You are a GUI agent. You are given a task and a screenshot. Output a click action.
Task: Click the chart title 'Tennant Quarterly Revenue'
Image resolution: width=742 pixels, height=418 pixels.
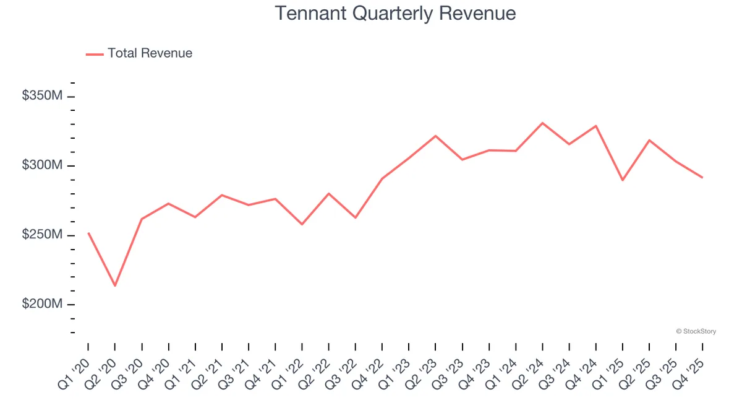(x=395, y=14)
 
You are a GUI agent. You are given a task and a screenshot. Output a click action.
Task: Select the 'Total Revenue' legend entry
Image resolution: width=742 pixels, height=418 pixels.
(x=150, y=53)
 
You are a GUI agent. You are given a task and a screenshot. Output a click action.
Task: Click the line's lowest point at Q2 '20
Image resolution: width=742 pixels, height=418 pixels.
(x=115, y=285)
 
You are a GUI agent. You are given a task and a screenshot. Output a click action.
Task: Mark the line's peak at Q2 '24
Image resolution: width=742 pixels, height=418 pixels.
(x=542, y=123)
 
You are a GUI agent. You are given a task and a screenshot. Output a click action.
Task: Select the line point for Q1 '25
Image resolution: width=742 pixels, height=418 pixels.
(x=623, y=180)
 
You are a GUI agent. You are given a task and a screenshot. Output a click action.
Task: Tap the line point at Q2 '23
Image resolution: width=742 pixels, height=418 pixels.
(x=435, y=136)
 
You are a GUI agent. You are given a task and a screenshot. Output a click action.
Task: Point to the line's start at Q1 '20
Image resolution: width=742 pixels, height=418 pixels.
(x=88, y=233)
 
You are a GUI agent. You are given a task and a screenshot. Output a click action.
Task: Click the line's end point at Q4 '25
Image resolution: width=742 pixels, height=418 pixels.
(x=702, y=178)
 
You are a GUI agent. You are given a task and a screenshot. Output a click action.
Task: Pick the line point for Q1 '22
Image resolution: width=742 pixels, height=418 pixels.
(x=302, y=224)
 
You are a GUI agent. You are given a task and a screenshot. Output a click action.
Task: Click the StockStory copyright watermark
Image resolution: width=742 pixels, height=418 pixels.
(x=696, y=331)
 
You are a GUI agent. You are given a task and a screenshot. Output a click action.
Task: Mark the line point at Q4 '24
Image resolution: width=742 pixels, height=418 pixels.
(x=596, y=126)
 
